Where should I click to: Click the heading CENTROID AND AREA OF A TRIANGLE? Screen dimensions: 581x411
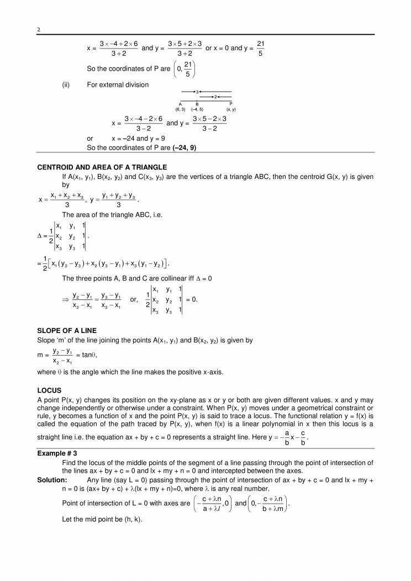pyautogui.click(x=102, y=167)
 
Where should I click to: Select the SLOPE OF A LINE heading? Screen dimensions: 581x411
pyautogui.click(x=66, y=330)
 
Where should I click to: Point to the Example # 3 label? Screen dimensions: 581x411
pyautogui.click(x=57, y=452)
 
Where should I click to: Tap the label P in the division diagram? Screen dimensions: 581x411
pyautogui.click(x=230, y=104)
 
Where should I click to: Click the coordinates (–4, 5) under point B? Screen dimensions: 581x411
pyautogui.click(x=197, y=109)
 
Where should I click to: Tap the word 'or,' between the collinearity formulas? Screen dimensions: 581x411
pyautogui.click(x=134, y=299)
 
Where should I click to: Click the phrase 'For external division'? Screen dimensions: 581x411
pyautogui.click(x=118, y=84)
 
